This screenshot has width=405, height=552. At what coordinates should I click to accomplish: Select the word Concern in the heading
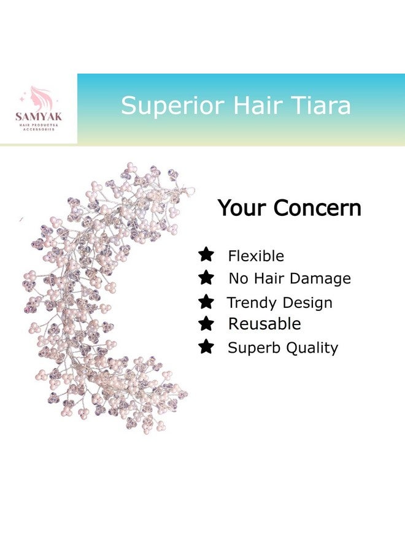pyautogui.click(x=317, y=209)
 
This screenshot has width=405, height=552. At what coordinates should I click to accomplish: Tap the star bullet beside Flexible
pyautogui.click(x=206, y=254)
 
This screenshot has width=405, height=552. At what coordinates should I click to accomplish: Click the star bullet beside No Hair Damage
pyautogui.click(x=206, y=277)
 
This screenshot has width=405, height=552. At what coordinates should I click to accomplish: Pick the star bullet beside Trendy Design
pyautogui.click(x=206, y=301)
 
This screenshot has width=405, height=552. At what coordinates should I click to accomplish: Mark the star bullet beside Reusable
pyautogui.click(x=206, y=323)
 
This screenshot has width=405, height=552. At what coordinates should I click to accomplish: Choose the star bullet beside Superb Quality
pyautogui.click(x=206, y=347)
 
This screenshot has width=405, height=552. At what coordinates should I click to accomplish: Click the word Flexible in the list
pyautogui.click(x=256, y=256)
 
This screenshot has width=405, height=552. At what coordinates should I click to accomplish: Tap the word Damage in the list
pyautogui.click(x=320, y=278)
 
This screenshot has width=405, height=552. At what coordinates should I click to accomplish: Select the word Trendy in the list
pyautogui.click(x=250, y=303)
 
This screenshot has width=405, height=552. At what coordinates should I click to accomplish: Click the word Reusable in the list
pyautogui.click(x=264, y=324)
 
